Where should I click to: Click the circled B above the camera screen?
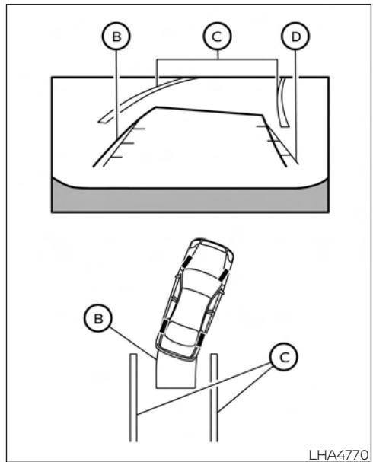point(116,36)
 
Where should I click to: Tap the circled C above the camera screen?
point(218,36)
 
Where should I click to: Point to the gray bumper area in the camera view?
point(190,199)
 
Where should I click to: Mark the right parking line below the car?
point(215,396)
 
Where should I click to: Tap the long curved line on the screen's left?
point(145,93)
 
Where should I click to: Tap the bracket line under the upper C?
point(218,59)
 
